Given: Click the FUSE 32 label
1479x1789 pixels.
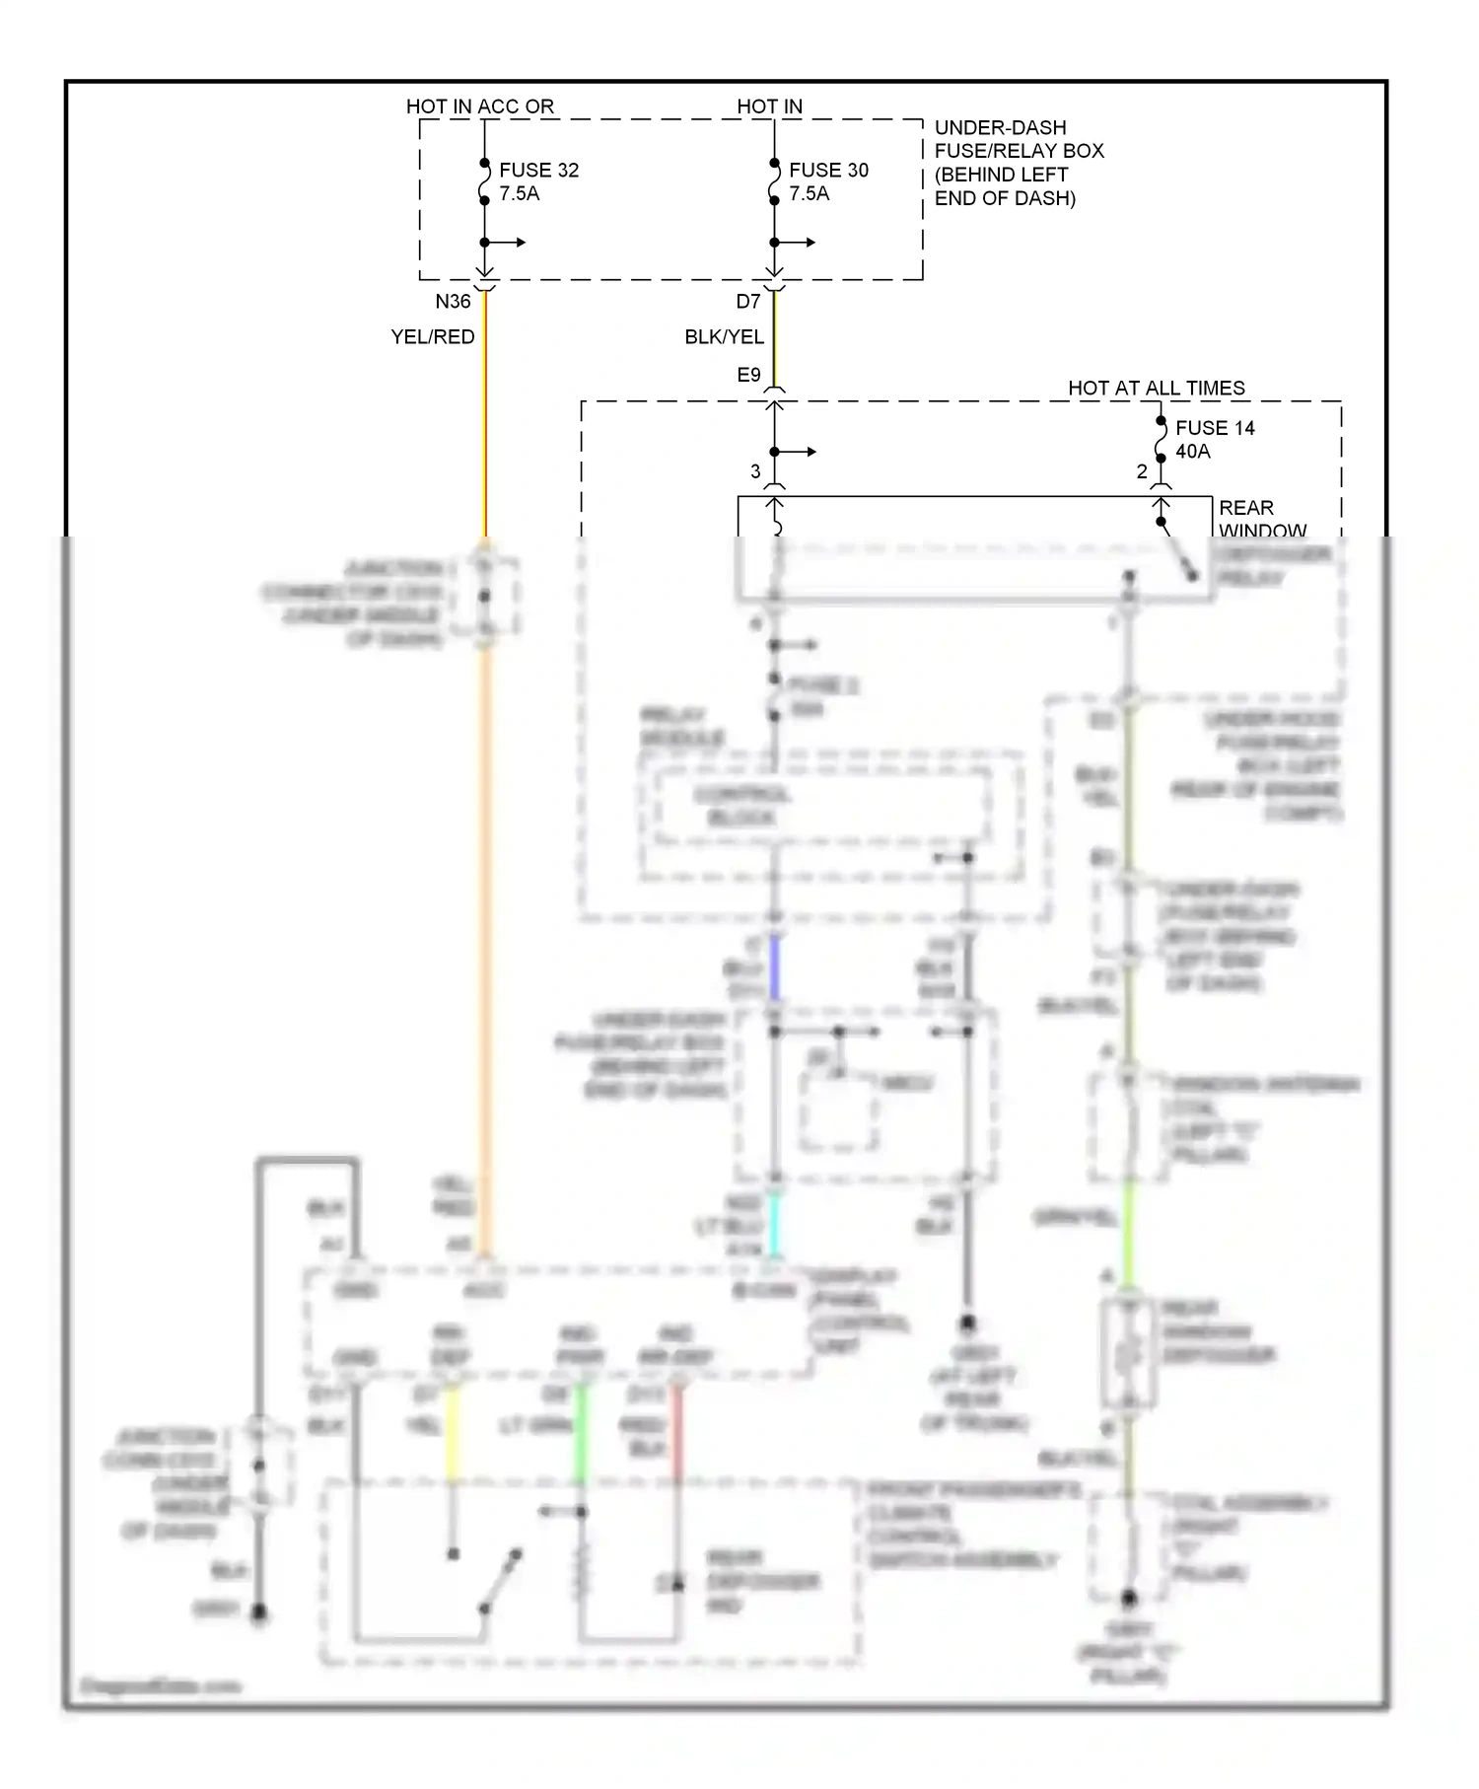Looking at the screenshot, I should tap(538, 170).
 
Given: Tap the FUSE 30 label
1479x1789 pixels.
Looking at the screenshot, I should tap(828, 170).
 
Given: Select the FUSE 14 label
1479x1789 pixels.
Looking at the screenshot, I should tap(1215, 428).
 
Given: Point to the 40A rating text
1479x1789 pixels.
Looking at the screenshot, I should tap(1192, 452).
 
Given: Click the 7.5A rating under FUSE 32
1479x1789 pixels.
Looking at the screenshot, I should tap(519, 194).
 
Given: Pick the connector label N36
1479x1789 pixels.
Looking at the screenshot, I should tap(453, 302).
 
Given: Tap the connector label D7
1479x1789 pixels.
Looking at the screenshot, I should tap(748, 302).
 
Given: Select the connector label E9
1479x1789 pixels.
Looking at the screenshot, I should tap(748, 375).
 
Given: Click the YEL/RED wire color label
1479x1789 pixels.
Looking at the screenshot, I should tap(432, 337).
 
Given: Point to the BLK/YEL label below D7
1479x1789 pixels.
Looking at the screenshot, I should tap(724, 337).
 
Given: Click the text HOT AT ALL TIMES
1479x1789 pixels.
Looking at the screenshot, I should tap(1156, 389).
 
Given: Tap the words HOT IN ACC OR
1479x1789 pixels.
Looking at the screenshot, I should tap(479, 107).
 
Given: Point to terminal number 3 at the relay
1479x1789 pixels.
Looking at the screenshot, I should tap(755, 472).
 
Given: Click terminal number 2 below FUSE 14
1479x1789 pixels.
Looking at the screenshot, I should tap(1142, 472).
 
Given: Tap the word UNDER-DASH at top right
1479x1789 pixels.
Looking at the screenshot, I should tap(1000, 128).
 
